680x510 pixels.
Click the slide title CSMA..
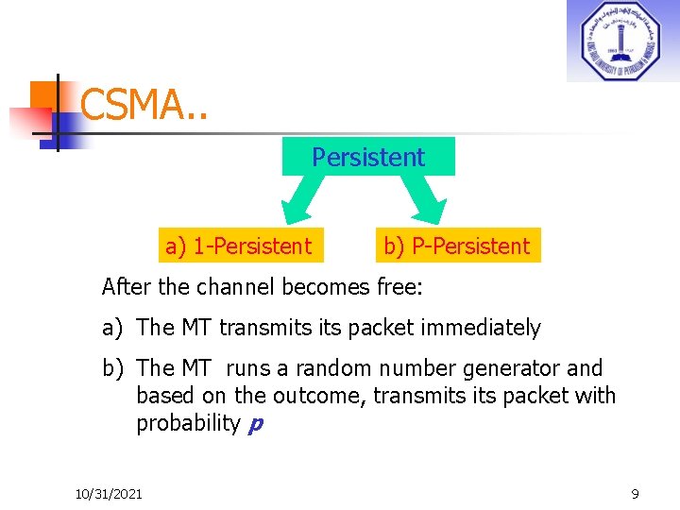coord(144,104)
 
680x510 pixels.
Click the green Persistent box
coord(368,157)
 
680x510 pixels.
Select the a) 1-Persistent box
coord(238,246)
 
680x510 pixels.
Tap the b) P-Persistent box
coord(456,246)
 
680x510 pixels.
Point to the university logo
coord(622,42)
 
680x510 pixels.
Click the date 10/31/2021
coord(109,494)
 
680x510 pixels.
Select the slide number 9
coord(635,494)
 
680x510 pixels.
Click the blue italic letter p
coord(254,423)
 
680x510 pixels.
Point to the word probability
coord(188,423)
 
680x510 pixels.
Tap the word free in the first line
coord(408,285)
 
